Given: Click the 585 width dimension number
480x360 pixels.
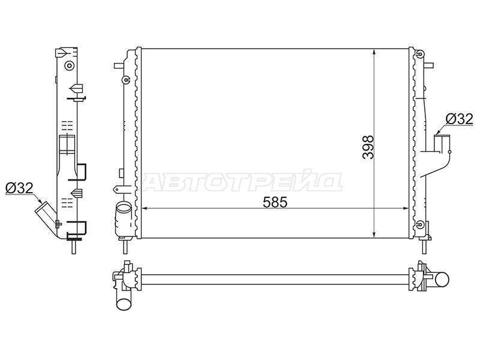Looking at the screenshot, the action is pos(275,202).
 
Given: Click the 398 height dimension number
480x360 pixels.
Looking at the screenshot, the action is pos(368,147).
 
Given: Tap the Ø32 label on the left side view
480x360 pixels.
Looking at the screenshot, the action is pos(19,188).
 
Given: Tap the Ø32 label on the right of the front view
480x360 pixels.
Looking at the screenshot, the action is pos(459,119).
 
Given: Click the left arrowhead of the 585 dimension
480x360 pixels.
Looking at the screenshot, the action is pos(145,208).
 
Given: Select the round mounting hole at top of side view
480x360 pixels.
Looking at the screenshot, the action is pos(70,65).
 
